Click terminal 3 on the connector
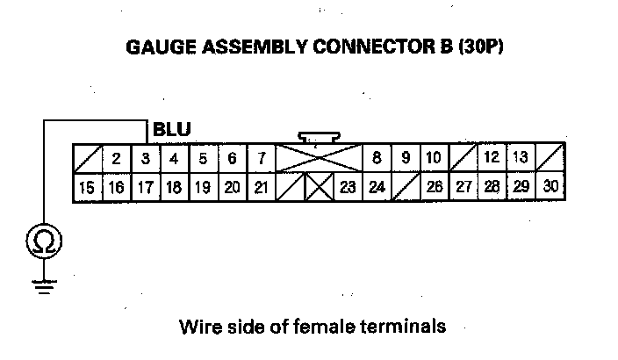[145, 159]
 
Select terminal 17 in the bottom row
[145, 187]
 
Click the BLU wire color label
[172, 130]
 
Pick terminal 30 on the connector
[551, 187]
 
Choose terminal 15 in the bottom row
[87, 187]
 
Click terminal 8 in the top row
[377, 159]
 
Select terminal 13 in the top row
[521, 159]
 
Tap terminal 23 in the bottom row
[348, 187]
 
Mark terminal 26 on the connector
[435, 187]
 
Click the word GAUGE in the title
[162, 47]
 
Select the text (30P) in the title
[480, 47]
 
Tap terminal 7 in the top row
[261, 159]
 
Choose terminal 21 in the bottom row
[261, 187]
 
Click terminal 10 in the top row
[434, 159]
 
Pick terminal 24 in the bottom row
[377, 187]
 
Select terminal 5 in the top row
[203, 159]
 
